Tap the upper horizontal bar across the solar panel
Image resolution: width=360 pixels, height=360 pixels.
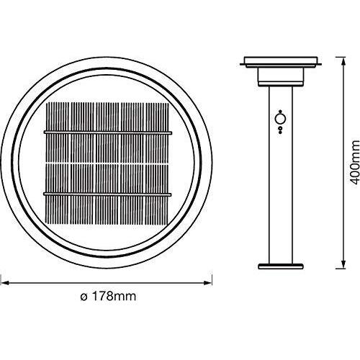pyautogui.click(x=109, y=133)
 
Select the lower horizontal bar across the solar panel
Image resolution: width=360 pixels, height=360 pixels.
pyautogui.click(x=109, y=194)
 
